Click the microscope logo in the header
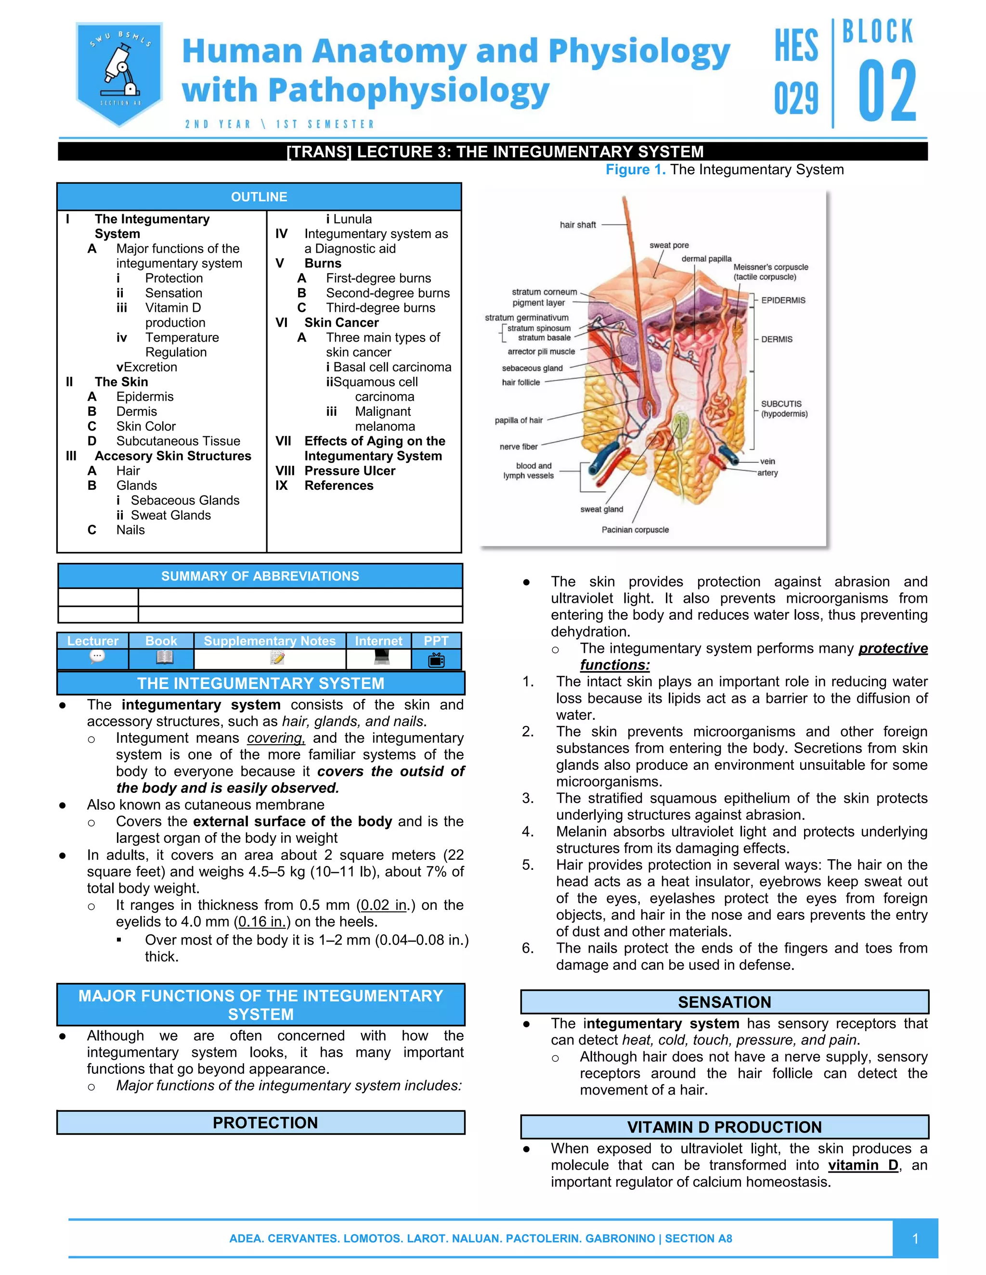pos(119,73)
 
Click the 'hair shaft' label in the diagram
pos(578,225)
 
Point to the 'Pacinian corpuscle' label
pos(635,530)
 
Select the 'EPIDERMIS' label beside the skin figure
pos(783,300)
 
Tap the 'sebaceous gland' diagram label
pos(532,369)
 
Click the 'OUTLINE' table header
pos(259,197)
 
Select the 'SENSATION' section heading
pos(724,1002)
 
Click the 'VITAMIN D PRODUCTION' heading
pos(724,1127)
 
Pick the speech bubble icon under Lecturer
pos(97,657)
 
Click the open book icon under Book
pos(165,658)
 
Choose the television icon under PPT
pos(436,660)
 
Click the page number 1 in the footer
pos(915,1238)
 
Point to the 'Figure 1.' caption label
pos(635,170)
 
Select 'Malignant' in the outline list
pos(383,411)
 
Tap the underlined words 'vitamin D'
pos(863,1165)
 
